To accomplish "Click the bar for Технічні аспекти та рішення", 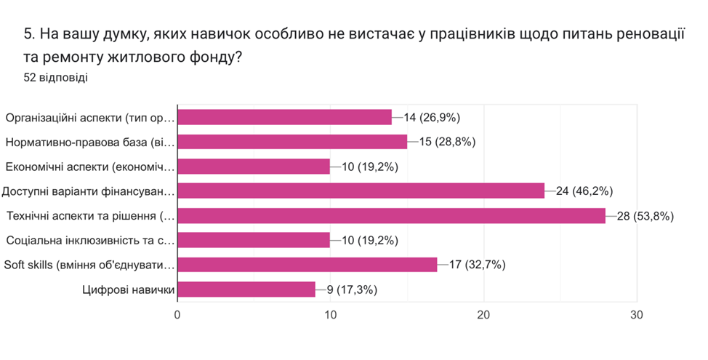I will [x=391, y=215].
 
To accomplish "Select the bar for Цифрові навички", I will [x=246, y=289].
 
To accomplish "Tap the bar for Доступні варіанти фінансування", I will [x=361, y=191].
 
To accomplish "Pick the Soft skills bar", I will [x=307, y=265].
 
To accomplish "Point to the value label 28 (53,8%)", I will [x=644, y=215].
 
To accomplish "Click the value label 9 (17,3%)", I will [x=352, y=289].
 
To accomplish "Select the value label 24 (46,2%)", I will [x=584, y=191].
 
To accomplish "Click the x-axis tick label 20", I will [x=483, y=315].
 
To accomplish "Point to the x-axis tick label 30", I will [x=637, y=315].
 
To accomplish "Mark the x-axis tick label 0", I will [x=177, y=315].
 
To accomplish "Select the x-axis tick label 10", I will [x=330, y=315].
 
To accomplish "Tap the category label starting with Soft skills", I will [x=89, y=265].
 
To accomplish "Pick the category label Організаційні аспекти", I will [x=91, y=117].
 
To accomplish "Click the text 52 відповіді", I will [x=56, y=77].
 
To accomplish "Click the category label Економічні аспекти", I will [x=91, y=167].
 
